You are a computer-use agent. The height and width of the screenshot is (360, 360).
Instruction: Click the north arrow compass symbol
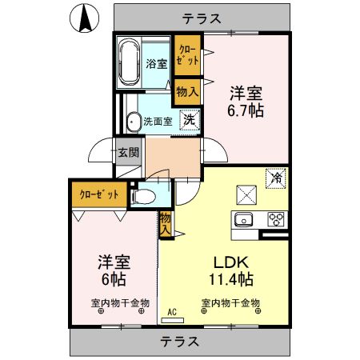point(85,18)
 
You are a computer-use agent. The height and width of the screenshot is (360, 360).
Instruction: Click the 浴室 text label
point(157,64)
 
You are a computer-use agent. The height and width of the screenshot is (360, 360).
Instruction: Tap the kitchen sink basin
point(243,220)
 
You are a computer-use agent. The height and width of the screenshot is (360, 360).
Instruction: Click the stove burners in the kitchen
point(277,219)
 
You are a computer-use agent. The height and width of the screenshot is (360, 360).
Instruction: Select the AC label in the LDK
point(170,313)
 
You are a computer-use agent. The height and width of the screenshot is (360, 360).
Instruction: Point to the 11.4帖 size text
point(232,279)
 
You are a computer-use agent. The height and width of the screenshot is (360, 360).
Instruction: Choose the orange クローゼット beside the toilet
point(99,194)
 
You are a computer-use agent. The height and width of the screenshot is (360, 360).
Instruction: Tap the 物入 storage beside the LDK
point(165,222)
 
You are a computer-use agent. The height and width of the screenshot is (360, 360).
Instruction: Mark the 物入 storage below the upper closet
point(187,92)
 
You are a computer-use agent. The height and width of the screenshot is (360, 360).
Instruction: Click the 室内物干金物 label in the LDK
point(230,302)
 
